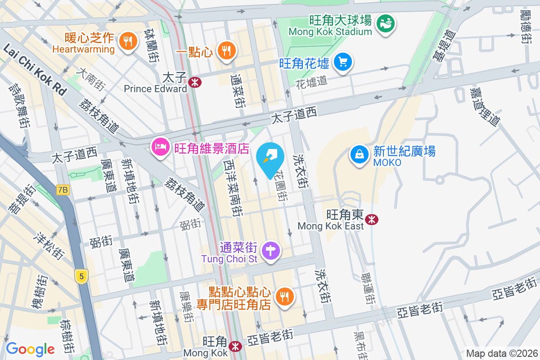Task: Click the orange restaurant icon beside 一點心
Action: click(x=226, y=50)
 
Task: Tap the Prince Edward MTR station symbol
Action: click(x=195, y=82)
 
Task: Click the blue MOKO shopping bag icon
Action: click(x=360, y=154)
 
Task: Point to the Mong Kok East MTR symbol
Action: click(x=372, y=220)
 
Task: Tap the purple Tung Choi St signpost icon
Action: click(x=271, y=250)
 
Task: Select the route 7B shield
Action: click(x=63, y=190)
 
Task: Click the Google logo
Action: click(x=30, y=349)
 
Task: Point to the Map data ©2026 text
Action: click(x=501, y=353)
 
